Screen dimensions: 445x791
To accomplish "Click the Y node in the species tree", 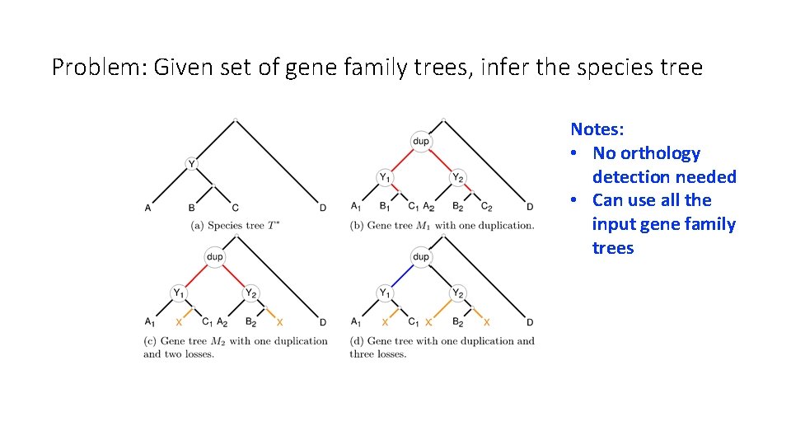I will [x=192, y=164].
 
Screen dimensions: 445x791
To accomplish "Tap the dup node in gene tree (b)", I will [x=421, y=142].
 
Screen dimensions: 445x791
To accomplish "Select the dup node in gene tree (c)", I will [x=214, y=257].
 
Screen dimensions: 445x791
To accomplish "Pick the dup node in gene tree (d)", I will [x=421, y=257].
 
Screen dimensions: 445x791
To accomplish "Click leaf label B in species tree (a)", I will [x=192, y=208].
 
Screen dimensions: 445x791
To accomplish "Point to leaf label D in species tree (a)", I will [x=323, y=208].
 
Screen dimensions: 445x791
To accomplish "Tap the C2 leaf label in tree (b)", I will [x=486, y=207].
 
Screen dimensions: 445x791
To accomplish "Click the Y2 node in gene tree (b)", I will [x=458, y=177].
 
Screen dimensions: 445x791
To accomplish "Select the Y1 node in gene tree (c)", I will [x=177, y=293].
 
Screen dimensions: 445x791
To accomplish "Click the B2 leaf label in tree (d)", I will [x=457, y=322].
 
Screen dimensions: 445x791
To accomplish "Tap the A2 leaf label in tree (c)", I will [x=222, y=322].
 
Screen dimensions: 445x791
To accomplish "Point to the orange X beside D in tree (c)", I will [x=280, y=322].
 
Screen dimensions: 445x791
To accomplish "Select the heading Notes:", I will [x=597, y=129].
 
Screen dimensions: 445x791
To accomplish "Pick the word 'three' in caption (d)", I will [x=363, y=354].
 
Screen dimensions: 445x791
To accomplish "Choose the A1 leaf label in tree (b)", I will [x=355, y=207].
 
